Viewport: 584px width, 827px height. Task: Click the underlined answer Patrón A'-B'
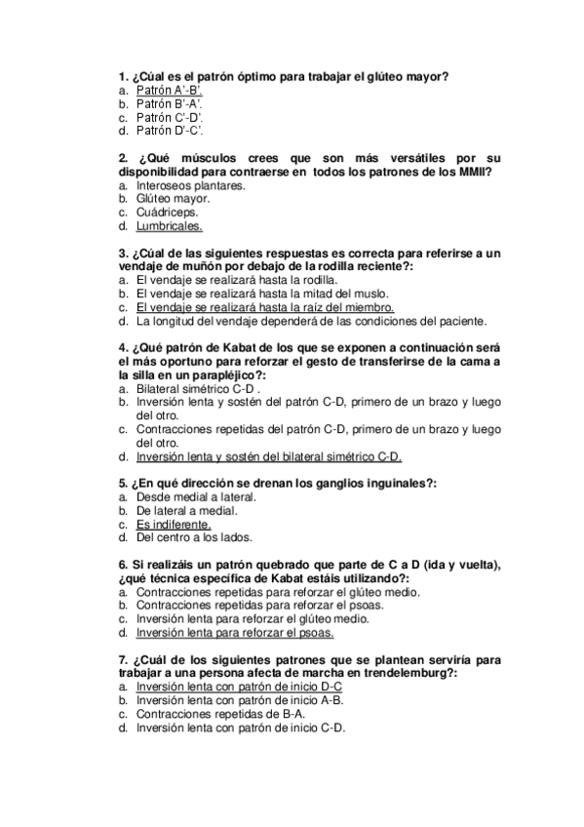tap(170, 90)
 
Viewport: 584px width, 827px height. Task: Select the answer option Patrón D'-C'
tap(170, 130)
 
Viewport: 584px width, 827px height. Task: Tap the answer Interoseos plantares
tap(191, 184)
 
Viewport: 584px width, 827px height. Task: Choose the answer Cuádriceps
tap(168, 212)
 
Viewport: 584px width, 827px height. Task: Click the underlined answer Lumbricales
tap(170, 225)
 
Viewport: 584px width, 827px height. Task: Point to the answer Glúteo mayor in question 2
tap(174, 198)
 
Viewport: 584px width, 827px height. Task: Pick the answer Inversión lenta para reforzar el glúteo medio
tap(253, 618)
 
